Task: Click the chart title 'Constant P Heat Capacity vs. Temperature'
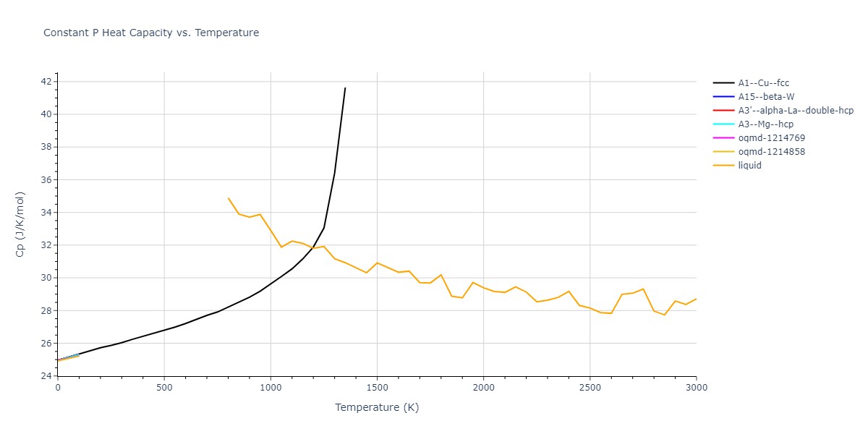151,33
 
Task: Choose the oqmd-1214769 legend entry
771,138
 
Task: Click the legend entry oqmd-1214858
771,152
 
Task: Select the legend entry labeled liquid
749,166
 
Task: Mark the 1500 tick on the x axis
377,388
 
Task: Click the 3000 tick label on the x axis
696,388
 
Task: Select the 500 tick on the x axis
164,388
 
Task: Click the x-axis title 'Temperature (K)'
377,407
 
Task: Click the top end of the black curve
345,88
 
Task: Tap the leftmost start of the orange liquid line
228,197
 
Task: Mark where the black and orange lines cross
313,247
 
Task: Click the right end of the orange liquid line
696,299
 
